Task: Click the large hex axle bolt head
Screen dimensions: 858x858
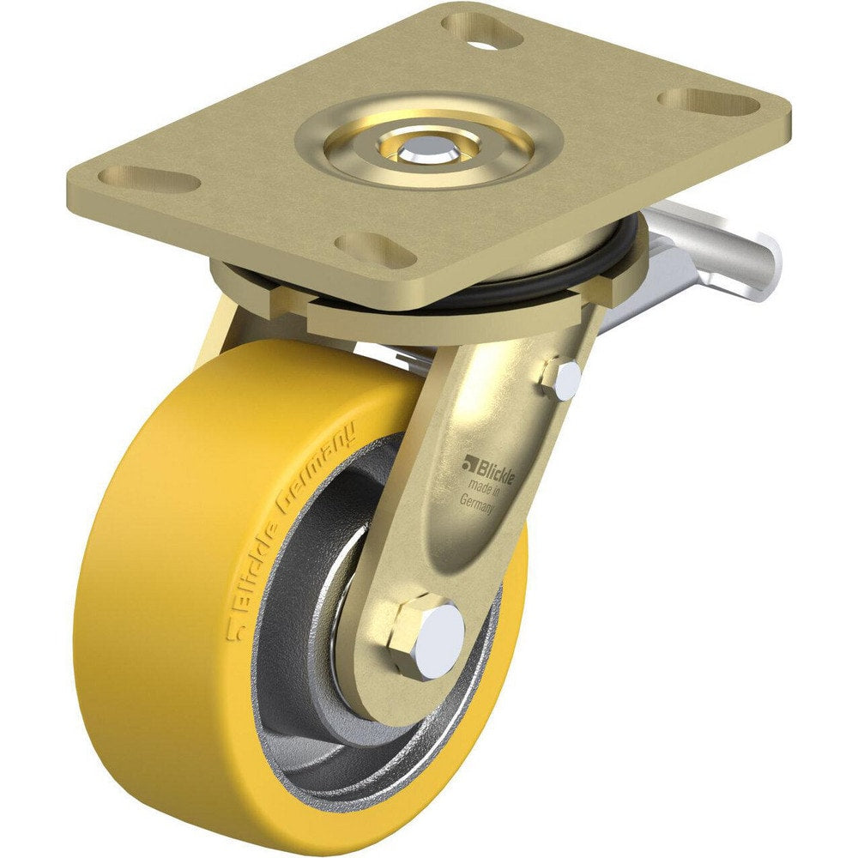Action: click(x=426, y=636)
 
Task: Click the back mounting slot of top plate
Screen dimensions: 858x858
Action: click(x=489, y=33)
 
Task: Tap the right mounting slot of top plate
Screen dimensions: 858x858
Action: click(x=709, y=102)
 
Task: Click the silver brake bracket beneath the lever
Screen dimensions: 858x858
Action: click(x=661, y=283)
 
